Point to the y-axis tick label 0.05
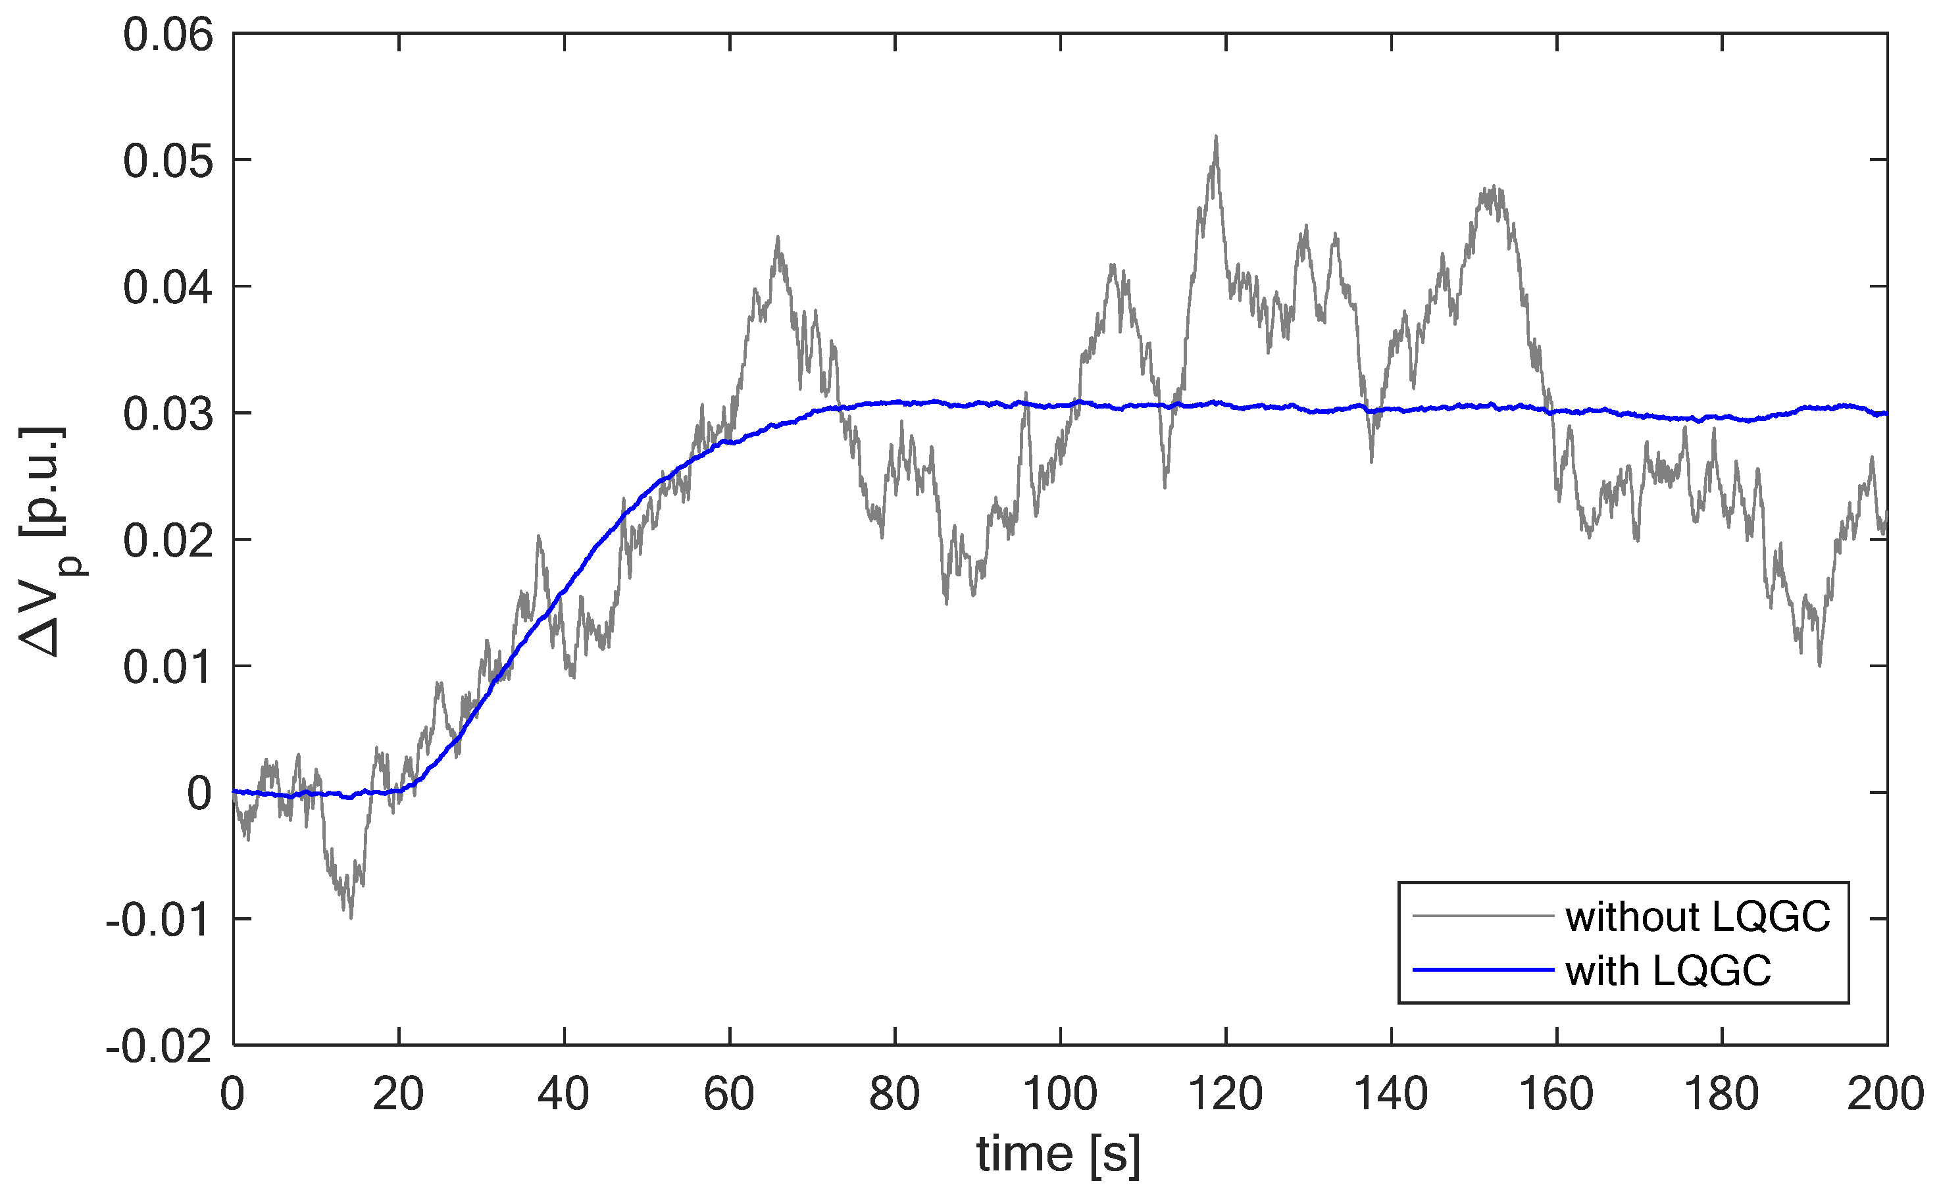(168, 161)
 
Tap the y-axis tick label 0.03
(168, 415)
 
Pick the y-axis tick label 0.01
(168, 668)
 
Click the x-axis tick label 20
(398, 1095)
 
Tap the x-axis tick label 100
(1060, 1095)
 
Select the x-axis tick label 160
(1556, 1095)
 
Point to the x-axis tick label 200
(1885, 1095)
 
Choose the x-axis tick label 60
(729, 1095)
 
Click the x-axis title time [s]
(1058, 1154)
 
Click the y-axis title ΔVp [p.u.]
(49, 541)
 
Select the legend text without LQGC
(1698, 916)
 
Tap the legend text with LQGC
(1669, 970)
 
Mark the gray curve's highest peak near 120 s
(1215, 138)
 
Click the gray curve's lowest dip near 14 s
(351, 916)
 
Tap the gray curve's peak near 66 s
(778, 237)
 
